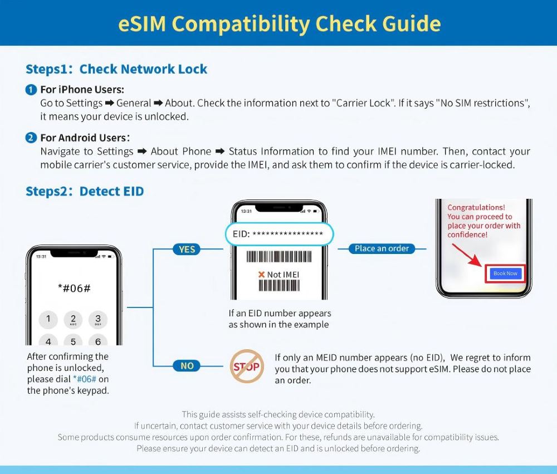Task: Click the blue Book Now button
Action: coord(505,273)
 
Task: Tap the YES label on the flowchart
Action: coord(187,249)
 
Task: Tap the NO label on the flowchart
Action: coord(187,366)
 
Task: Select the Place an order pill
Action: coord(382,248)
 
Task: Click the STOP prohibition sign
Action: coord(247,367)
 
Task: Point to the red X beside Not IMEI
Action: coord(261,275)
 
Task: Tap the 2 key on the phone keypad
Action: coord(73,319)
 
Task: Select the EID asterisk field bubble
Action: coord(278,234)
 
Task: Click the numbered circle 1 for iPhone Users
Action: coord(31,90)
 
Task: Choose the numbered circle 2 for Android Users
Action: coord(31,138)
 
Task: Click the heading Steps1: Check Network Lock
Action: coord(116,69)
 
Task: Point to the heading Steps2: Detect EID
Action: coord(85,192)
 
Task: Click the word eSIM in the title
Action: coord(144,23)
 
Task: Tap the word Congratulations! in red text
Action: coord(476,208)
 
